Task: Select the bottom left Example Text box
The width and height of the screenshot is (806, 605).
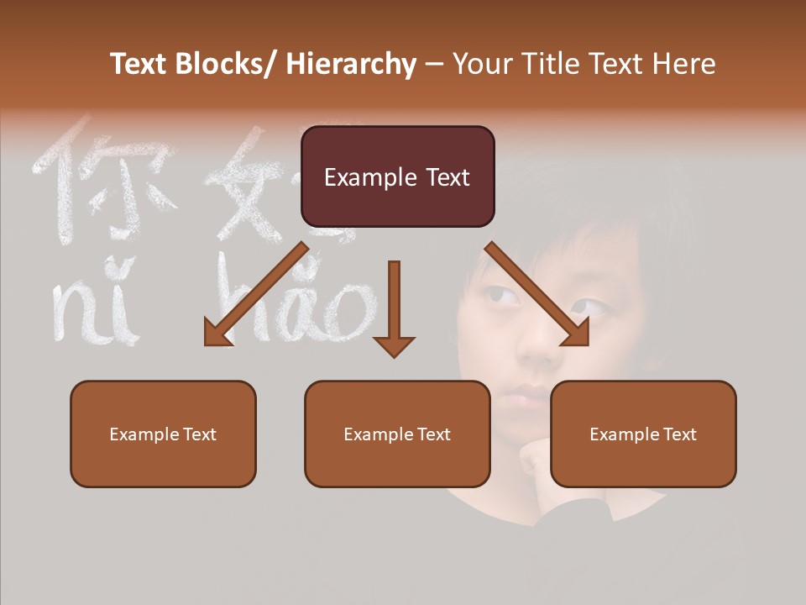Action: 163,434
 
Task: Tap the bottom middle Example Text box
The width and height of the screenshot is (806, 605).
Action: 397,434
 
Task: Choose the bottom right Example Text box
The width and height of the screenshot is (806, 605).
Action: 643,434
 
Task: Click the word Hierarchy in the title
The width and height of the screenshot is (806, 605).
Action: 350,64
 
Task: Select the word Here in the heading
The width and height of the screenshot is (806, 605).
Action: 684,64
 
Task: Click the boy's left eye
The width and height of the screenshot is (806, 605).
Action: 502,296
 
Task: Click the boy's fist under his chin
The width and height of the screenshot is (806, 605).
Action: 537,458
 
